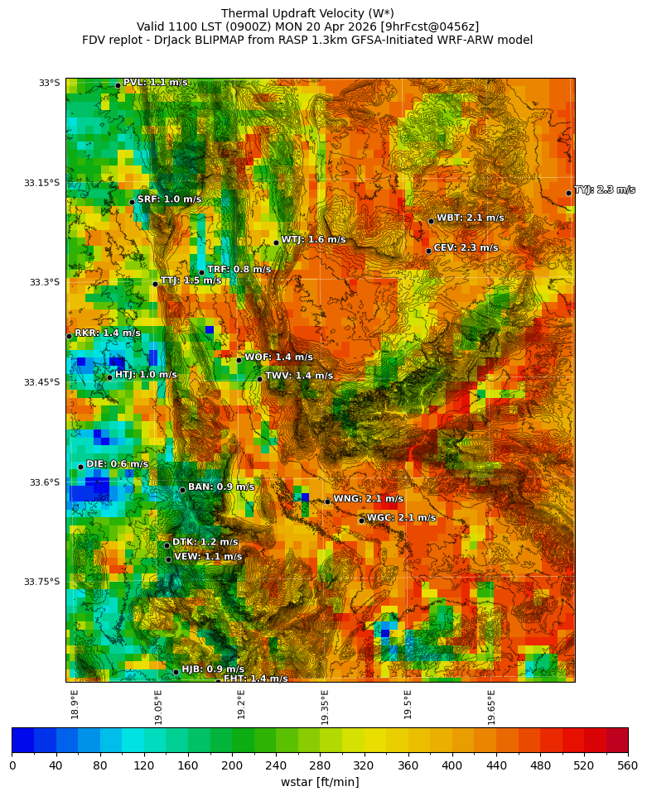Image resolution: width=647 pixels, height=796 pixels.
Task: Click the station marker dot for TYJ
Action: point(568,193)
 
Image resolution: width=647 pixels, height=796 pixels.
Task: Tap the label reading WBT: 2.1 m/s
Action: point(470,218)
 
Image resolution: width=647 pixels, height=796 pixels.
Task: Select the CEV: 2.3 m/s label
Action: point(466,248)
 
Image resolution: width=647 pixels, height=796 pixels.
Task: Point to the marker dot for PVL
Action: point(118,85)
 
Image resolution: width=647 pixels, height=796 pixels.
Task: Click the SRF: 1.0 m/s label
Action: point(169,199)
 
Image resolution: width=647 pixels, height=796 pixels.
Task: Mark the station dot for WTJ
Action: point(276,242)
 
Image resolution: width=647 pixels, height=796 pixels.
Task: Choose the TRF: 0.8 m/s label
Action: point(239,270)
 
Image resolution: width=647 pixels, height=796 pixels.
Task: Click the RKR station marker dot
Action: point(69,336)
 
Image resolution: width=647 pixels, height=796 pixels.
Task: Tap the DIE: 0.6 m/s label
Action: point(117,464)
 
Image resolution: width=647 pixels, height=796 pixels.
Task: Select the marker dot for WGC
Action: point(361,520)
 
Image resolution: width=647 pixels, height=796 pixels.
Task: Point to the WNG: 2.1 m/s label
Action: point(368,499)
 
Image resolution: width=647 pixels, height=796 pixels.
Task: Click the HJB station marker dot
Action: point(176,672)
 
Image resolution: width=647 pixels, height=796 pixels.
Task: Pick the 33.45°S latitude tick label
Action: point(41,382)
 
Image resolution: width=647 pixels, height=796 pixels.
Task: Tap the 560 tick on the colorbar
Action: point(627,766)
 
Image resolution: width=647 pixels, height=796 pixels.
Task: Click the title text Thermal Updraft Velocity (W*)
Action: point(307,13)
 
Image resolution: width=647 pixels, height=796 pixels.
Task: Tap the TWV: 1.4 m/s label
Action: point(298,376)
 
